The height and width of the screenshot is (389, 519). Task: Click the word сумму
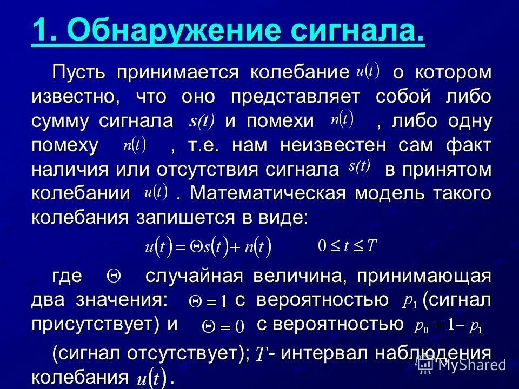[x=62, y=122]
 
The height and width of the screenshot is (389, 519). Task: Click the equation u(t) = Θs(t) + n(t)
[x=208, y=247]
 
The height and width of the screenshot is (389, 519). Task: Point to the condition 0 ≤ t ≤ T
[x=347, y=246]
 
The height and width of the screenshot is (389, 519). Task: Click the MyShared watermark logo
[x=465, y=365]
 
